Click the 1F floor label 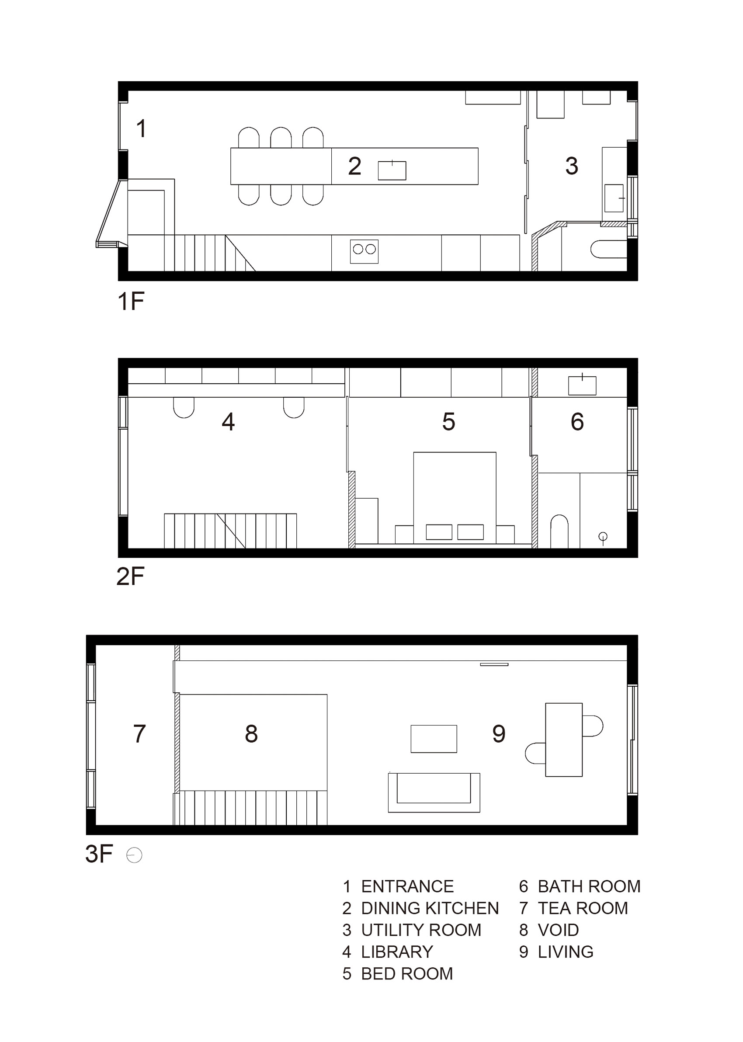[131, 302]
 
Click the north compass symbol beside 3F [135, 855]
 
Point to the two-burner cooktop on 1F [364, 251]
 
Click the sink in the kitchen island [392, 170]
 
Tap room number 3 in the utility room [571, 166]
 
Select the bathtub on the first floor [608, 249]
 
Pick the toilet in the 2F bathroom [559, 531]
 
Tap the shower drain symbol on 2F [603, 537]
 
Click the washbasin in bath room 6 [582, 386]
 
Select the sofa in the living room [434, 792]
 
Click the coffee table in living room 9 [434, 739]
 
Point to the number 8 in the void [251, 734]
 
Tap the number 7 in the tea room [139, 734]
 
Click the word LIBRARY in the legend [397, 952]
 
